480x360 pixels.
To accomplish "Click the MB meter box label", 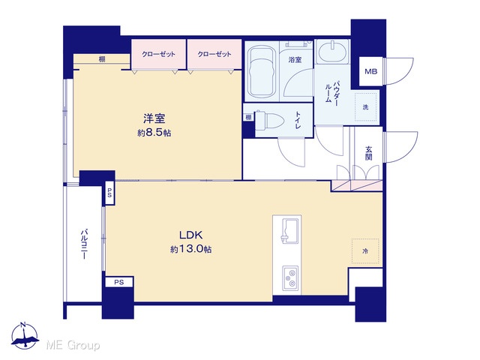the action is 371,72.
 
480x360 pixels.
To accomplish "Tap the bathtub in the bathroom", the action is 261,71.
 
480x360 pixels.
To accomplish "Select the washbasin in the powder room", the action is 331,51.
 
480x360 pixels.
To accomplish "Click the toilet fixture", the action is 270,121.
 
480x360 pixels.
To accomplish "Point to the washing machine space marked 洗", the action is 365,106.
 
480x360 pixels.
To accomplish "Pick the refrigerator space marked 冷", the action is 365,251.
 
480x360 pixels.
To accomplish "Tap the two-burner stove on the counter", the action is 290,277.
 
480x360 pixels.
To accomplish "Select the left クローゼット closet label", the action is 158,54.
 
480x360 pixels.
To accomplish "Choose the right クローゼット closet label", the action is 214,54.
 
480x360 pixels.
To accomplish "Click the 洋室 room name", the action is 154,118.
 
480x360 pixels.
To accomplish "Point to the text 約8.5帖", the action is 154,133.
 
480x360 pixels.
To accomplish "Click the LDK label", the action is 190,235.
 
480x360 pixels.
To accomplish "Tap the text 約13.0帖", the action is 190,250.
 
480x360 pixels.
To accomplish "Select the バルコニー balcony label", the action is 84,244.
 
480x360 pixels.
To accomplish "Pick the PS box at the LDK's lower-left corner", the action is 119,282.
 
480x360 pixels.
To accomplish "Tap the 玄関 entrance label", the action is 368,153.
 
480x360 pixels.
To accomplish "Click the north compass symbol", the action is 25,336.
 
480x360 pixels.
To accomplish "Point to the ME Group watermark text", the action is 73,346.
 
